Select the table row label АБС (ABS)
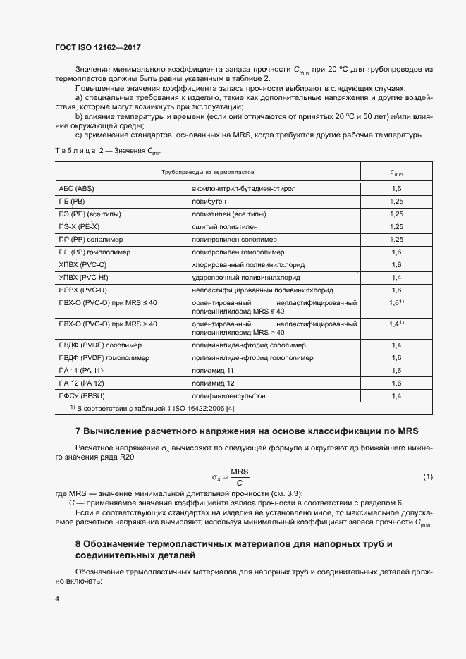click(76, 190)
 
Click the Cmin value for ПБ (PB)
click(396, 202)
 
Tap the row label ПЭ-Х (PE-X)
click(79, 227)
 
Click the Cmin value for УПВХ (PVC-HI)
click(396, 278)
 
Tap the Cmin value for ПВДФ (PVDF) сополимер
click(396, 345)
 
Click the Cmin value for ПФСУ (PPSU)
click(396, 396)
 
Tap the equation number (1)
click(428, 477)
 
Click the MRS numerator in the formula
click(240, 472)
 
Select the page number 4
click(56, 599)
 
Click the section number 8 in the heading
click(78, 544)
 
